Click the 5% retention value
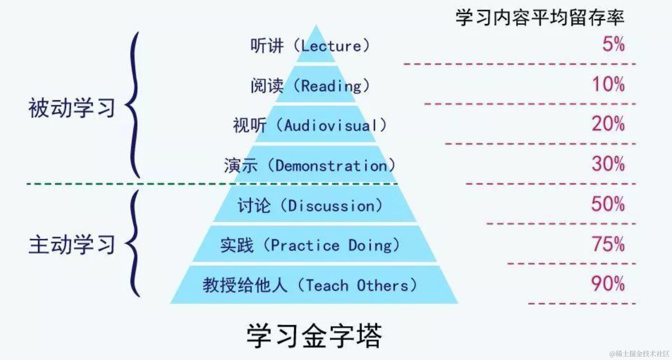tap(613, 44)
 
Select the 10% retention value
tap(608, 84)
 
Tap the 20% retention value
tap(608, 124)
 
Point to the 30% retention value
tap(608, 164)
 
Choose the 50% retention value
tap(608, 204)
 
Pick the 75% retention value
tap(608, 244)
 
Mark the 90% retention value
tap(608, 284)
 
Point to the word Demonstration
tap(331, 166)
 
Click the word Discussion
tap(331, 206)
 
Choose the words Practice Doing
tap(331, 246)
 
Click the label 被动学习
tap(72, 108)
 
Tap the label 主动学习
tap(72, 245)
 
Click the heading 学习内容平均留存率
tap(540, 18)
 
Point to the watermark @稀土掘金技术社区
tap(639, 354)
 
